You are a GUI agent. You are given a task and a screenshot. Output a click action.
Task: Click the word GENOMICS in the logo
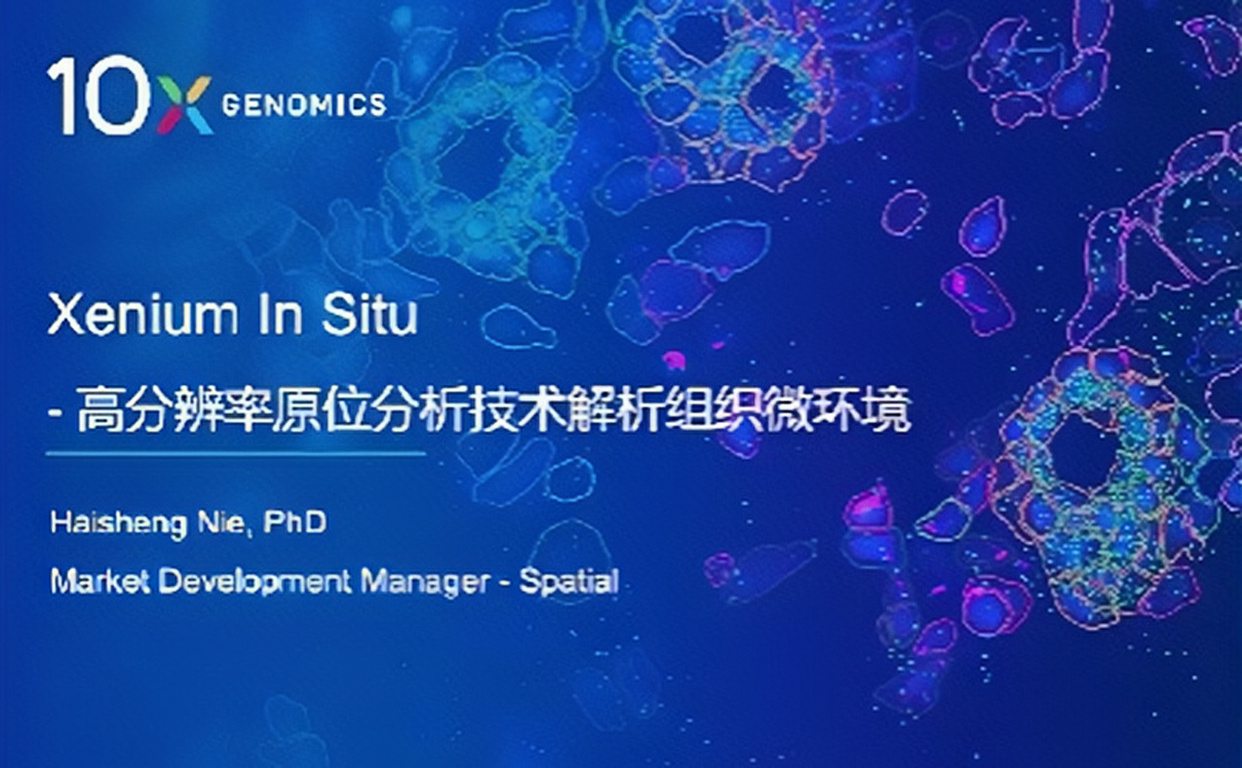(x=304, y=105)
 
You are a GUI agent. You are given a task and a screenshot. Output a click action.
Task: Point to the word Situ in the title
(x=370, y=314)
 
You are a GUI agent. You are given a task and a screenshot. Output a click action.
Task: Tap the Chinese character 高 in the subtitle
(x=100, y=411)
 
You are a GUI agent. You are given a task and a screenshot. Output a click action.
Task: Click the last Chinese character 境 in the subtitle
(x=888, y=411)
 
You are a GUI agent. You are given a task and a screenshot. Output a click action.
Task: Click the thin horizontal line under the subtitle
(x=236, y=454)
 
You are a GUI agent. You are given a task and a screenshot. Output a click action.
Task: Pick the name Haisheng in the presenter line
(x=118, y=524)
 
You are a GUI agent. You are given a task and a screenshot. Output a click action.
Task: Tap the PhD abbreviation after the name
(x=294, y=522)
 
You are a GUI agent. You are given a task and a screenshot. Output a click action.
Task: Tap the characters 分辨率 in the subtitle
(x=197, y=411)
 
